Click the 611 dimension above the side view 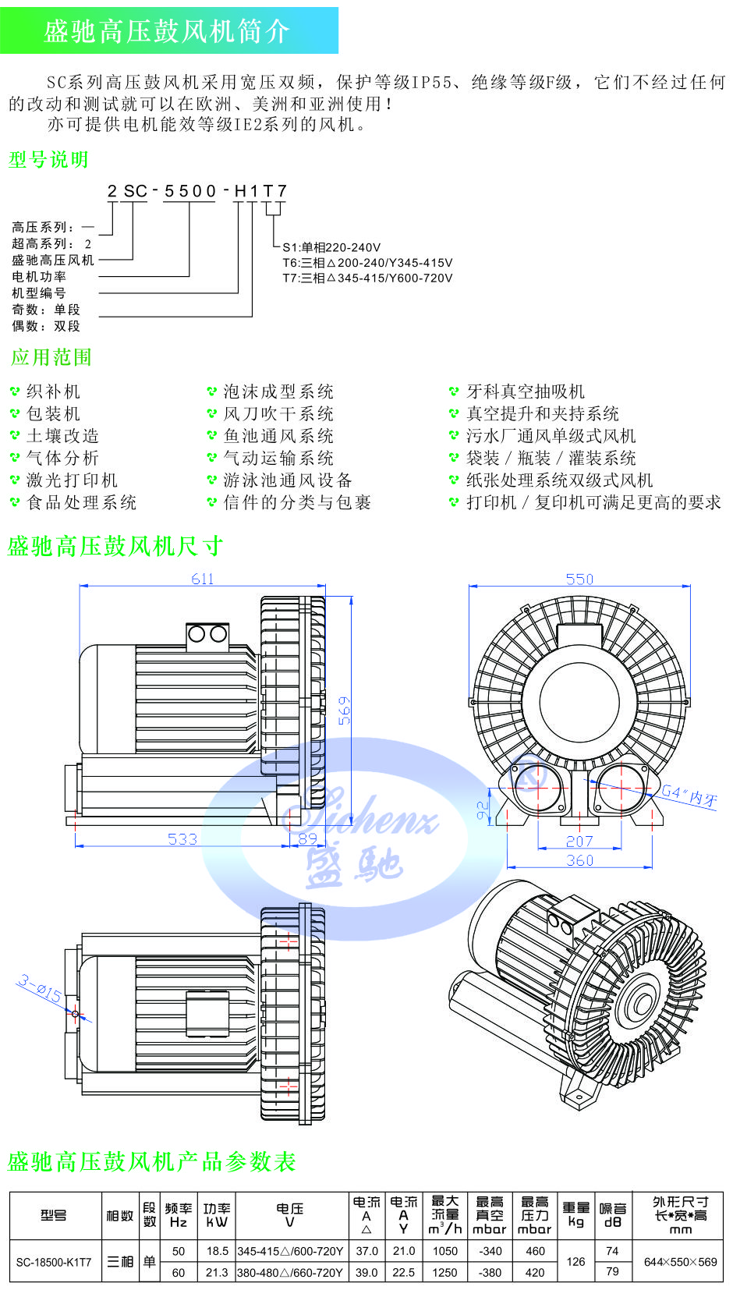pos(202,579)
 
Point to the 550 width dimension pos(579,579)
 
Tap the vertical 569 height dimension pos(344,711)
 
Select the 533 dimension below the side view pos(182,839)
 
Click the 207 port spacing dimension pos(579,841)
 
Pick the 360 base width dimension pos(579,860)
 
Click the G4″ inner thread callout pos(689,796)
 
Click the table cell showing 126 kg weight pos(575,1261)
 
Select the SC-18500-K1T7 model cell pos(54,1261)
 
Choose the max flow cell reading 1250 pos(444,1272)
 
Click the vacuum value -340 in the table pos(490,1251)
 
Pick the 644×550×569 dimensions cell pos(680,1261)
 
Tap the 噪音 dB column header pos(612,1215)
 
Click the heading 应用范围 pos(51,357)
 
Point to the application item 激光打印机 pos(72,480)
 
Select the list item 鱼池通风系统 pos(278,436)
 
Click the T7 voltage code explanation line pos(367,278)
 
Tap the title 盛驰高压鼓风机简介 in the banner pos(167,31)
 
